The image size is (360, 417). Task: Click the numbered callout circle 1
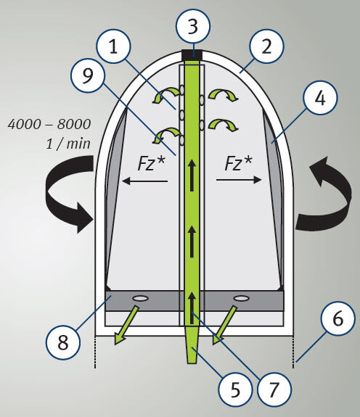[114, 46]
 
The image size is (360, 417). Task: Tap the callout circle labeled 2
[266, 46]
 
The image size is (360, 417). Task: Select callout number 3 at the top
[193, 26]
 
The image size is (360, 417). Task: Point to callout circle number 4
[320, 98]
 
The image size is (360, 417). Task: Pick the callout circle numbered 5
[235, 389]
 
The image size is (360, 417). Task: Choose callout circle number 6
[338, 318]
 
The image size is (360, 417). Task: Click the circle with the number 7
[274, 389]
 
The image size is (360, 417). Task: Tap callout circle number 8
[63, 342]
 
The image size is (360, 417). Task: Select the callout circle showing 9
[88, 75]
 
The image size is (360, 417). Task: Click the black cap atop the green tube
[192, 55]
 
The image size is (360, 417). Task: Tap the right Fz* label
[238, 163]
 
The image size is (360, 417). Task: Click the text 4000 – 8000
[49, 124]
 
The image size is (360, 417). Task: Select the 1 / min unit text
[68, 144]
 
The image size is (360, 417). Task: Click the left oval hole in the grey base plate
[141, 298]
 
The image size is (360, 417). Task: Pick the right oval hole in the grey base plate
[241, 298]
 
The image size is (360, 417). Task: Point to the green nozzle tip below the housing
[192, 344]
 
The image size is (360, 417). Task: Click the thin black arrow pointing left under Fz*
[144, 181]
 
